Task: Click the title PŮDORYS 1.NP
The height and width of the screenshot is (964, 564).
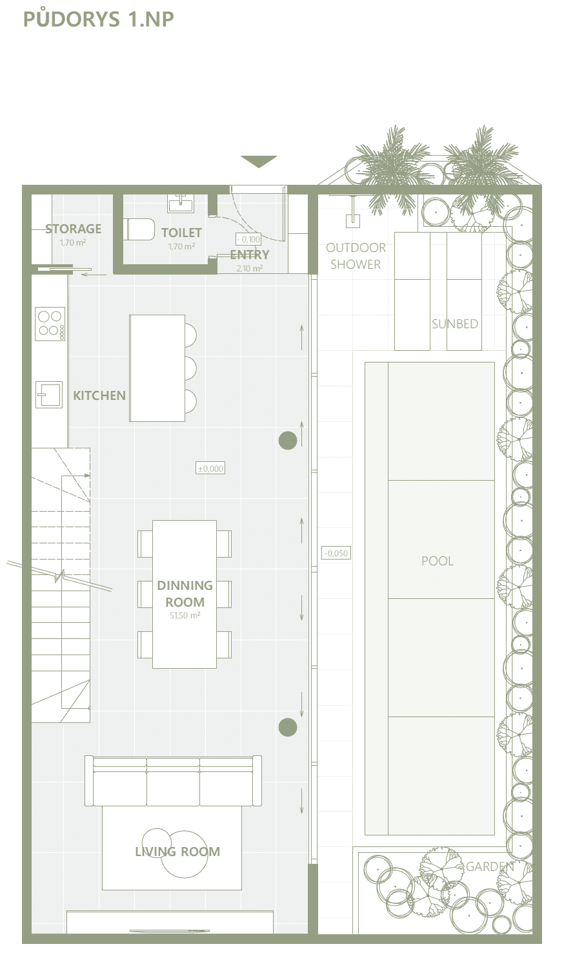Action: point(99,19)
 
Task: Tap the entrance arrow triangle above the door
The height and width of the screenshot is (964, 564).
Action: point(259,162)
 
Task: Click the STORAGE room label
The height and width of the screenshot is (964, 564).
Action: point(74,229)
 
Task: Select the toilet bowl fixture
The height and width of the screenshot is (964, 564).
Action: point(139,229)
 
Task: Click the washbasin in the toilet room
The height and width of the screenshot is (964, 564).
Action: point(181,203)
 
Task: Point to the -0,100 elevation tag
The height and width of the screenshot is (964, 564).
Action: point(248,239)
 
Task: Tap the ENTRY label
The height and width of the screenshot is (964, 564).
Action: point(250,255)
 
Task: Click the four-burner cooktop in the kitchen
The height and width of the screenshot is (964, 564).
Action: point(50,324)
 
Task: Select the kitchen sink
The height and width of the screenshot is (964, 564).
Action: point(49,394)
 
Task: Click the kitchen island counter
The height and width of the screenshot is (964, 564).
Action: point(157,368)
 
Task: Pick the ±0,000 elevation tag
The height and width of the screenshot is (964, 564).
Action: point(210,468)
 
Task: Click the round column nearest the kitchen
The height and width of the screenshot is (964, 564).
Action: point(288,440)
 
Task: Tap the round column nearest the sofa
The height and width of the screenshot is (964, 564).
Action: point(288,728)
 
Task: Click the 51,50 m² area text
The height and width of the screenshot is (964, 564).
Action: point(185,615)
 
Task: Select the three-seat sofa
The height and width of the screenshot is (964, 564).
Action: point(173,781)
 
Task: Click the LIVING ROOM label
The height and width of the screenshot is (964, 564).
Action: point(177,852)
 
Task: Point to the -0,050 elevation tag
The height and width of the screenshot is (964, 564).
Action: point(336,553)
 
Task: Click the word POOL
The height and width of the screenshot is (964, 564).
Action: point(437,561)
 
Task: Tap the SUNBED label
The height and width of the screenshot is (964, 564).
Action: point(455,324)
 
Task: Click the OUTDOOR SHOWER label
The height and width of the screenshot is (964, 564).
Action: point(356,256)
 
